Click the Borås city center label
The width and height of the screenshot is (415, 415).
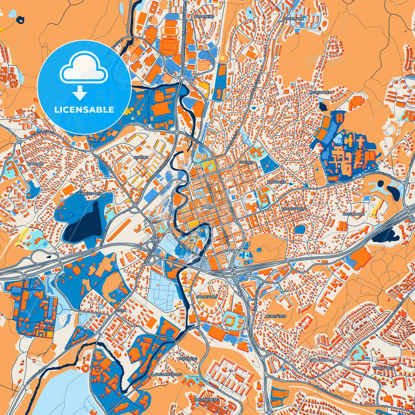coord(208,207)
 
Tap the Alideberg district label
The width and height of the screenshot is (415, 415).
coord(204,17)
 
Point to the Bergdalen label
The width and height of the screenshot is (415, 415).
coord(321,92)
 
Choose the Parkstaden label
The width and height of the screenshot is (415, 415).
coord(90,194)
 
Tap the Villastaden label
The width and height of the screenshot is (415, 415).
coord(293,209)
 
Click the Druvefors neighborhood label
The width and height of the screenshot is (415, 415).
coord(206,297)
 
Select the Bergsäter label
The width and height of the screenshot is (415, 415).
coord(276,316)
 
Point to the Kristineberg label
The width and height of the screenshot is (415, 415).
coord(206,399)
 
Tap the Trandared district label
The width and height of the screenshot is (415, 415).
coord(383,368)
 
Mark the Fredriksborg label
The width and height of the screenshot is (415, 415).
coord(168,375)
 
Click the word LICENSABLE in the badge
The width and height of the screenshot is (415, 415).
coord(84,109)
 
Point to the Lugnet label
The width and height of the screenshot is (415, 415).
coord(246,162)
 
